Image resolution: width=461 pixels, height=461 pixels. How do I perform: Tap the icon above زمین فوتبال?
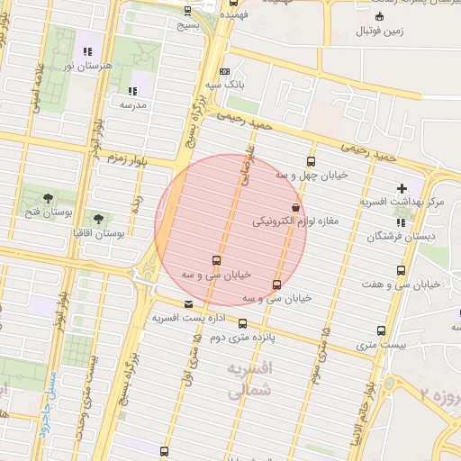tap(379, 14)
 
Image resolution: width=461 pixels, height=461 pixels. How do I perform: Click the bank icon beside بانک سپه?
tap(224, 72)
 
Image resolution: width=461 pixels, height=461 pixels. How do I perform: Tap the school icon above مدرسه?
tap(132, 91)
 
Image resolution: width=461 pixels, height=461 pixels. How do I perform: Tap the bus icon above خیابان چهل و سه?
tap(312, 161)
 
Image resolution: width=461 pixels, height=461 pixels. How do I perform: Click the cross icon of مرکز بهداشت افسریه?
tap(402, 187)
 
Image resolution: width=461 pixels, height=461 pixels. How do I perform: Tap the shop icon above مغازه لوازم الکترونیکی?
tap(295, 207)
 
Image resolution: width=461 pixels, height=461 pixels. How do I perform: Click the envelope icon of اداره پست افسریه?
tap(187, 304)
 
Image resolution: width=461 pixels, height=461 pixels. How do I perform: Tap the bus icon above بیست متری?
tap(381, 330)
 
